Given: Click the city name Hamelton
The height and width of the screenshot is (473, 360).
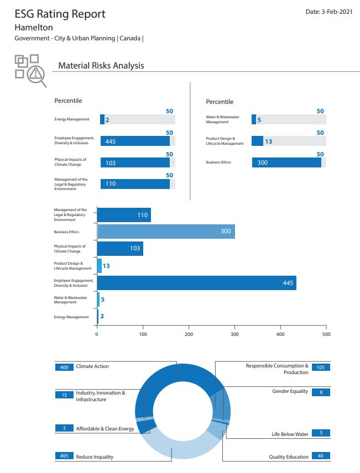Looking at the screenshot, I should coord(34,27).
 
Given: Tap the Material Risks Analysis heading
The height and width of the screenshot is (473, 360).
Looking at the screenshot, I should coord(101,66).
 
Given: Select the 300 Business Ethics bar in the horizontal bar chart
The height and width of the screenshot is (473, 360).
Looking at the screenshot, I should coord(166,231).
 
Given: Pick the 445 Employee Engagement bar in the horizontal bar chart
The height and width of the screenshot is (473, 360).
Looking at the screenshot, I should coord(196,283).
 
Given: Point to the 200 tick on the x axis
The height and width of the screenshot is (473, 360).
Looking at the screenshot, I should coord(189,334).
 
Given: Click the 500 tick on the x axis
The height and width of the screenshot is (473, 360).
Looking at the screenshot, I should coord(326,334).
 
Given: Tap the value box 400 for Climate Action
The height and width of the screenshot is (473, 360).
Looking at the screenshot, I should coord(64,367).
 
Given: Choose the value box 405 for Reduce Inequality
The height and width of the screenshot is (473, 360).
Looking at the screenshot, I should coord(64,456).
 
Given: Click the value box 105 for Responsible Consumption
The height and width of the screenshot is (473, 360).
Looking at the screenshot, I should coord(321,367).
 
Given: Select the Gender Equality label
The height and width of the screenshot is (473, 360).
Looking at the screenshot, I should coord(290,391).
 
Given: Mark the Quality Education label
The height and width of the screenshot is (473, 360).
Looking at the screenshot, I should coord(289,456).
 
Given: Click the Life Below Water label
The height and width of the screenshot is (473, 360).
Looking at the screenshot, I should coord(290,434).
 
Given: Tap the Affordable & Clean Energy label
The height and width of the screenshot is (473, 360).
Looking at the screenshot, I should coord(105,428).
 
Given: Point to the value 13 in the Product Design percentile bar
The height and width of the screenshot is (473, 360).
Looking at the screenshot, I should coord(268,141).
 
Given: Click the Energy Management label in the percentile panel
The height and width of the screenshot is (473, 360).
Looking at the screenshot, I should coord(71,119).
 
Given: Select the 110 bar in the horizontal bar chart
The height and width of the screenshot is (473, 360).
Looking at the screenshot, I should coord(124,215).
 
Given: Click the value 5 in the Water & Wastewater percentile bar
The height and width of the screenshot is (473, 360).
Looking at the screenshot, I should coord(259,120).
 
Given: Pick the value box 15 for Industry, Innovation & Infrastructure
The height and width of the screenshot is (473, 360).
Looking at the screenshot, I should coord(64,395).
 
